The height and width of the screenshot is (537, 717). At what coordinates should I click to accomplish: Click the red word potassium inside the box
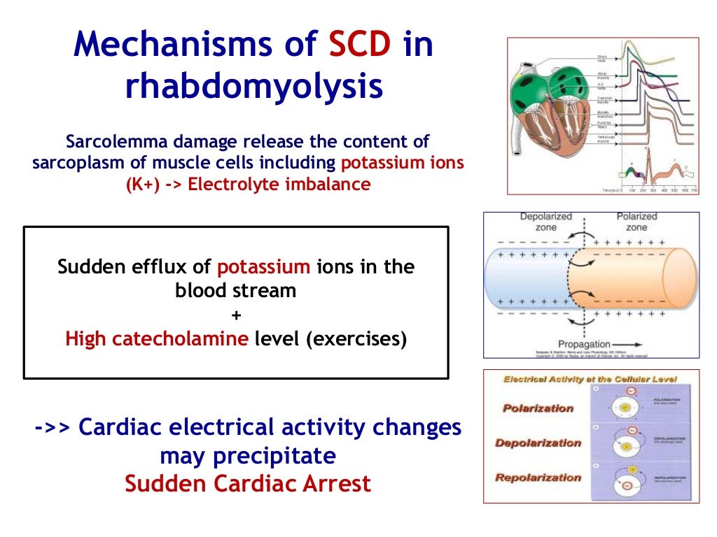click(x=263, y=267)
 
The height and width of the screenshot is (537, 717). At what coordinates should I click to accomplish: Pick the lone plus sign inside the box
click(x=236, y=315)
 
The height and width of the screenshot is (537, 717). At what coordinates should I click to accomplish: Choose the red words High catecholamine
click(x=156, y=339)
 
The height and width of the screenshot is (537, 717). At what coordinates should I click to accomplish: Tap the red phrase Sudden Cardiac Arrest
click(x=248, y=483)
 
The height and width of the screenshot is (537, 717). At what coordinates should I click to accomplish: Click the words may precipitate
click(x=248, y=456)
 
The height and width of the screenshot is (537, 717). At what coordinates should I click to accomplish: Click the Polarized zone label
click(x=636, y=222)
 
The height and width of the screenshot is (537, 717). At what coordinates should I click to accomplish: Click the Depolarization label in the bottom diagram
click(x=538, y=443)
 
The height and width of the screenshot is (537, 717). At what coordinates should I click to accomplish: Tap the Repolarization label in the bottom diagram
click(x=538, y=478)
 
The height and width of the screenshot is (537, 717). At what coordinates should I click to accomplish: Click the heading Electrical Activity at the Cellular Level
click(x=590, y=379)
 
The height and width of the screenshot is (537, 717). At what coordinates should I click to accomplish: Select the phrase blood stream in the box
click(x=236, y=291)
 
